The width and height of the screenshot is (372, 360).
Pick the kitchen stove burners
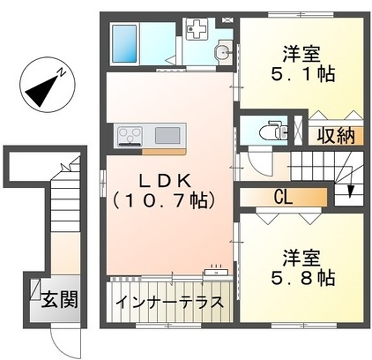point(132,134)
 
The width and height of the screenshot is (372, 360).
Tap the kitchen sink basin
point(166,134)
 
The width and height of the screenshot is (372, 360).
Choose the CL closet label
point(284,196)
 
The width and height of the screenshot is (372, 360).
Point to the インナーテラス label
point(166,302)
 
